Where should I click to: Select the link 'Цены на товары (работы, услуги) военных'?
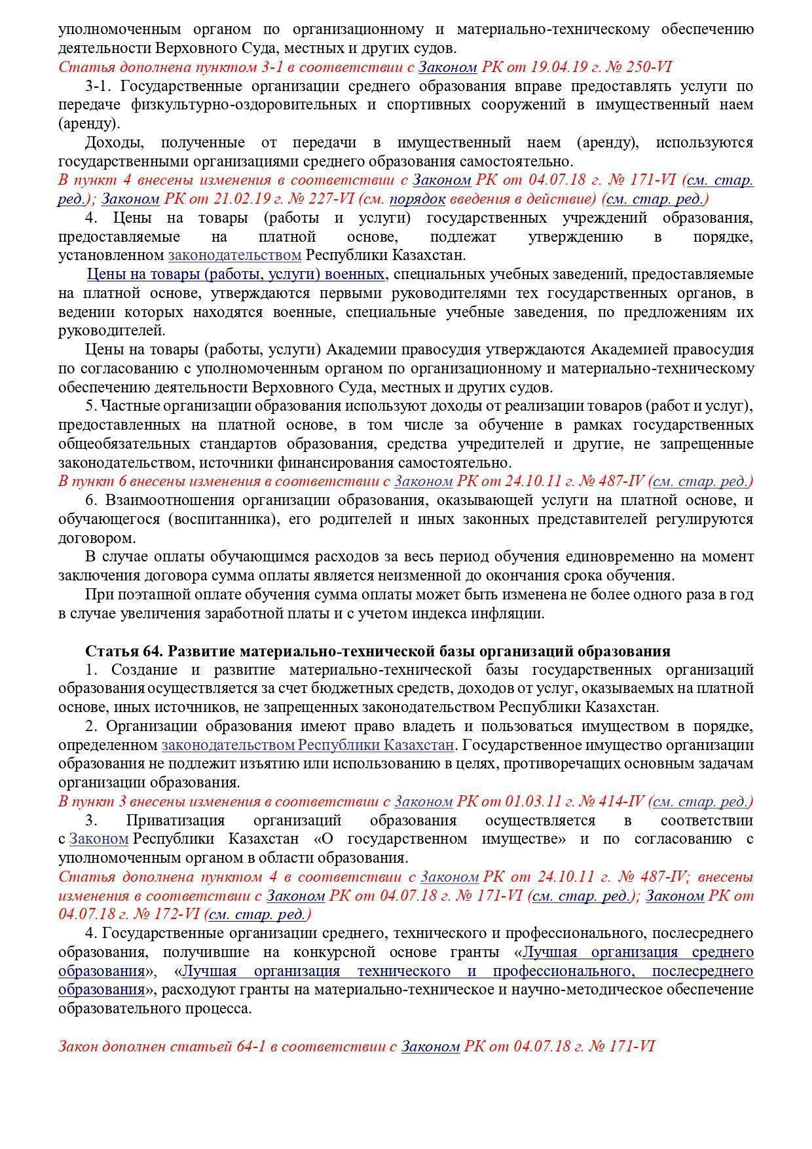(236, 274)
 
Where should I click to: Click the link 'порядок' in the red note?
(417, 199)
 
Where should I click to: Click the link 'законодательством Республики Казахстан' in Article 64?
(307, 745)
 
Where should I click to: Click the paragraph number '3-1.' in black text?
(100, 86)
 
